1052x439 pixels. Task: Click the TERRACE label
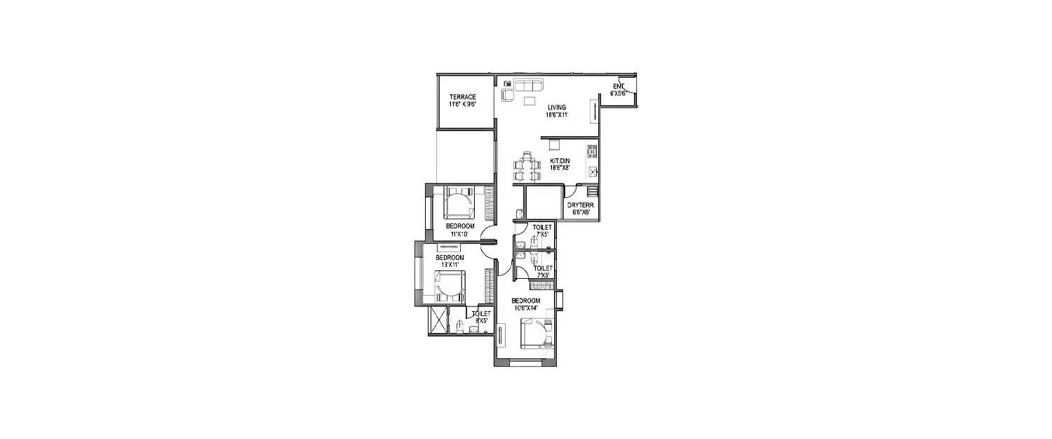click(x=463, y=97)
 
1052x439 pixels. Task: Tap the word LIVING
click(x=557, y=107)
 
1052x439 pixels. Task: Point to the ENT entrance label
click(x=618, y=86)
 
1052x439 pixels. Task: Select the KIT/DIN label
click(x=560, y=162)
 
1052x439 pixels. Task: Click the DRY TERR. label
click(x=579, y=204)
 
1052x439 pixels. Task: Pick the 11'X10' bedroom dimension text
click(x=460, y=234)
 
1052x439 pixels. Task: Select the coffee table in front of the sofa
click(x=529, y=100)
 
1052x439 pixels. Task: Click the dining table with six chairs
click(x=528, y=168)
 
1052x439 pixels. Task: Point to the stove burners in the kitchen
click(x=591, y=150)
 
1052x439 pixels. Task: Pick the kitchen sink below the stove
click(x=592, y=171)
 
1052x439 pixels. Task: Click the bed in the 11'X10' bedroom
click(x=459, y=204)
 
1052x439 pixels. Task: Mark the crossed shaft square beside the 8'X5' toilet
click(x=438, y=321)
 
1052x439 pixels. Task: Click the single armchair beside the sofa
click(x=508, y=95)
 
